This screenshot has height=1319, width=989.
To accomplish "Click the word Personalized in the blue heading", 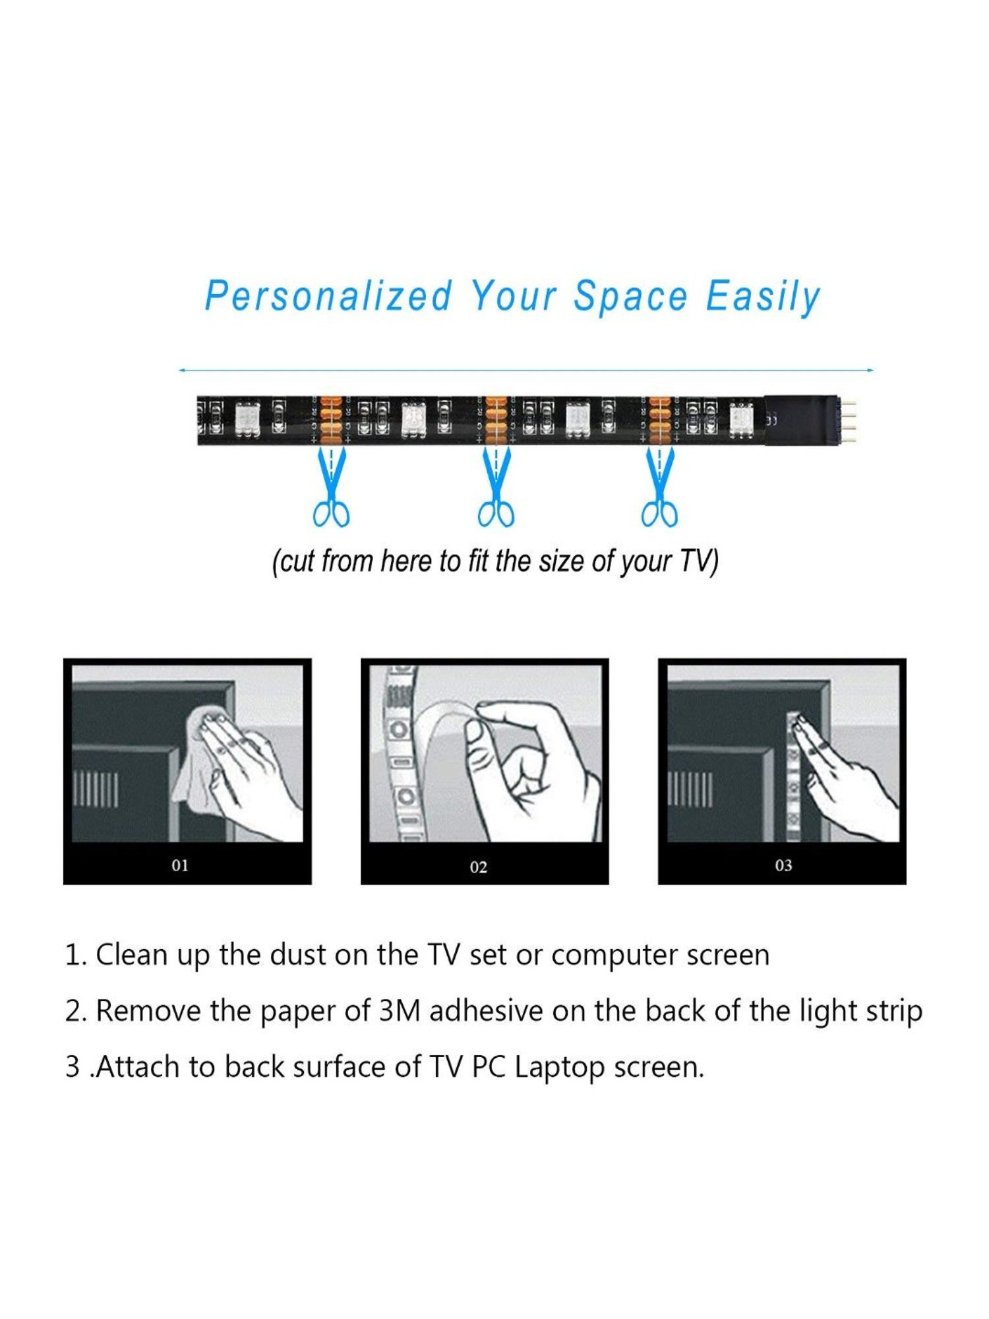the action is click(328, 296).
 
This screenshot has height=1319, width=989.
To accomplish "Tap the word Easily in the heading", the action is click(763, 297).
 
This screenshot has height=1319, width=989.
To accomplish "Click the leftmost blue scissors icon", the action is click(331, 487).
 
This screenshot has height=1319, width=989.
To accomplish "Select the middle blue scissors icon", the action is click(496, 487).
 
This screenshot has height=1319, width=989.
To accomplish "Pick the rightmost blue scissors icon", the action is click(660, 487).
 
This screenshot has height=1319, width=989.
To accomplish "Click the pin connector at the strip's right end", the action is click(847, 419).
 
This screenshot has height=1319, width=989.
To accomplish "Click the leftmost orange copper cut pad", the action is click(331, 419).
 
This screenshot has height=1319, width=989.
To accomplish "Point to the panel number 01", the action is click(180, 865).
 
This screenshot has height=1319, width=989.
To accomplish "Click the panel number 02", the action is click(478, 867).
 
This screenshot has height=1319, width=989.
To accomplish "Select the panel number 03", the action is click(783, 865).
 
